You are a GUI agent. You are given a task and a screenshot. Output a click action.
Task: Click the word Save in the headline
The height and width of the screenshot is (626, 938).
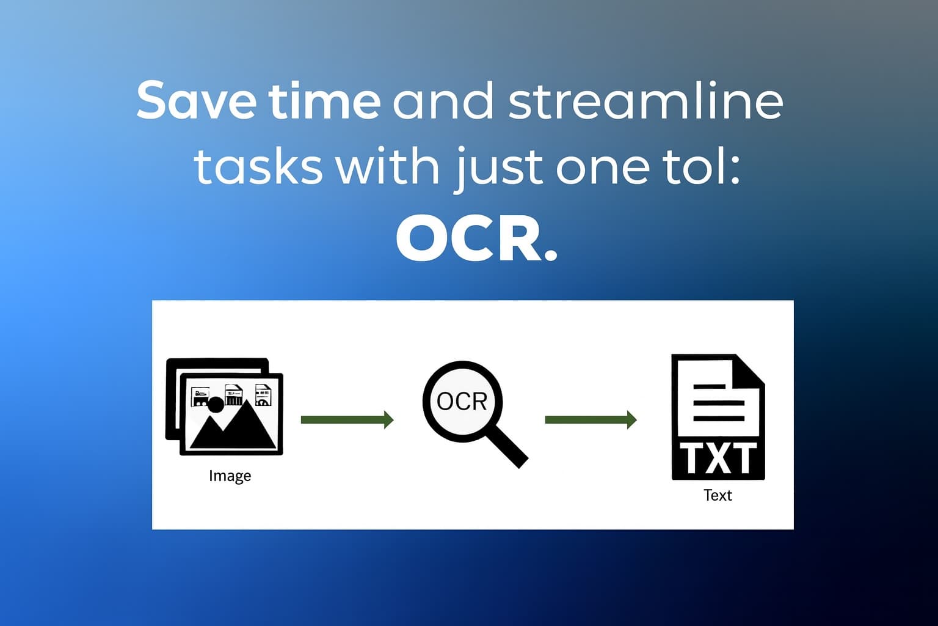[195, 101]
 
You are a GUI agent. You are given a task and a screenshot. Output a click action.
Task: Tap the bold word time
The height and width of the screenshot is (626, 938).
[324, 101]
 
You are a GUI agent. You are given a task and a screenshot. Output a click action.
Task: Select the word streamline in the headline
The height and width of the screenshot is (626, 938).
[645, 101]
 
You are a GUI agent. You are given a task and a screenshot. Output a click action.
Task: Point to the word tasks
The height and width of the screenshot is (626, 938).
[258, 166]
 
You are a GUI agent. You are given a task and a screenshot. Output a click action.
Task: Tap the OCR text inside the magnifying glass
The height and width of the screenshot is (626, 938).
[462, 402]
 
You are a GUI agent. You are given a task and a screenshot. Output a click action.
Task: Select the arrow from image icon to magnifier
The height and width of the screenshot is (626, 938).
[347, 419]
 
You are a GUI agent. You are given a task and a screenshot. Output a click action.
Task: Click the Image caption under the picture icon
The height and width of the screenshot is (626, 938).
[230, 476]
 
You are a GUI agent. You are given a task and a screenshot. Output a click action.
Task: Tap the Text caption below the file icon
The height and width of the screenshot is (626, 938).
[717, 495]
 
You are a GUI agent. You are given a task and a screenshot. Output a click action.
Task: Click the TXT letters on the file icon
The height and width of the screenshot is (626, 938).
[718, 458]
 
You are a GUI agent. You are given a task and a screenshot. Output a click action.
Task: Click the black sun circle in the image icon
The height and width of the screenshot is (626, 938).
[216, 404]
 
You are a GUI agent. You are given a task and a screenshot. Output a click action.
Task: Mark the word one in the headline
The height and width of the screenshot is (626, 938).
[596, 166]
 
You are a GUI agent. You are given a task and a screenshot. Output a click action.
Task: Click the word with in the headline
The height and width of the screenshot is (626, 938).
[388, 166]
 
